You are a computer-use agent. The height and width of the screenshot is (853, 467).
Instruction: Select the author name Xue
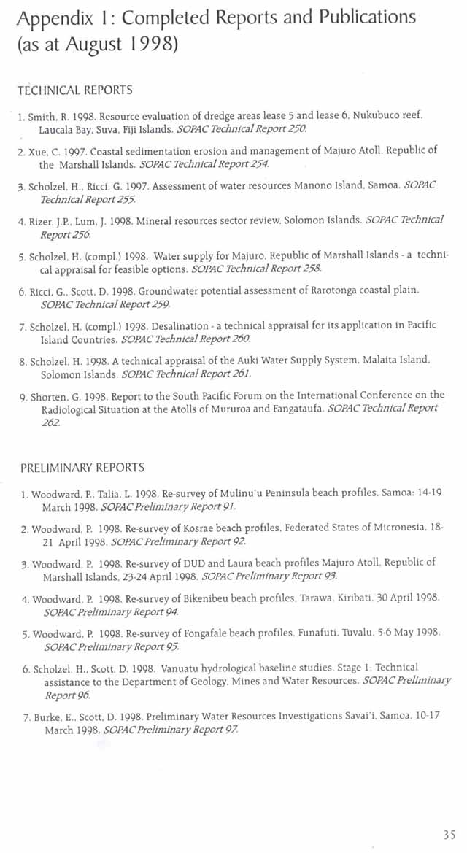(38, 151)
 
